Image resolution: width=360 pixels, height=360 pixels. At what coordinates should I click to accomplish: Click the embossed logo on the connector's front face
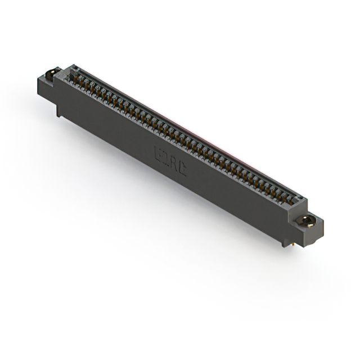coord(170,160)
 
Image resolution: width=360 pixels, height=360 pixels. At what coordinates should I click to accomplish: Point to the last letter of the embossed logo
coord(182,167)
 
